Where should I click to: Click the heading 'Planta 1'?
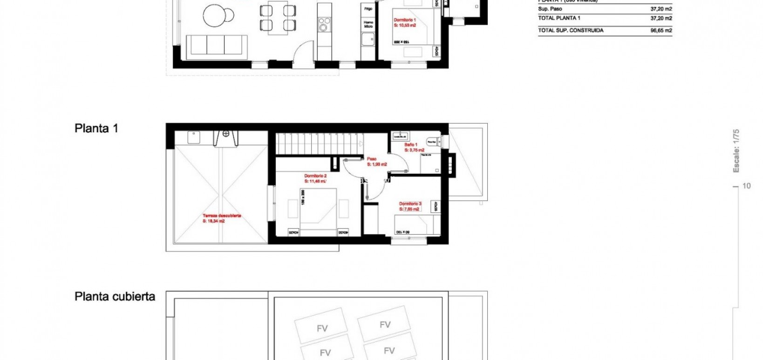click(x=96, y=129)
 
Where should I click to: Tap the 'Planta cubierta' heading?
click(x=115, y=297)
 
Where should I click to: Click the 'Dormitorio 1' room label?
click(x=404, y=20)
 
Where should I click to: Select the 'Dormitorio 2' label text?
click(x=315, y=176)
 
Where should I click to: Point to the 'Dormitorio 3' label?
click(x=410, y=204)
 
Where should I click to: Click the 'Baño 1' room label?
click(x=410, y=145)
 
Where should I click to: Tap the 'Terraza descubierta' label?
click(x=221, y=216)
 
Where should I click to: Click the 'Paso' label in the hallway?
click(x=371, y=159)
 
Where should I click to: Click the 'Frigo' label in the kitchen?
click(x=368, y=9)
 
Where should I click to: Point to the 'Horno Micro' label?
click(x=368, y=24)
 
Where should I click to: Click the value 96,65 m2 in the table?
click(x=661, y=30)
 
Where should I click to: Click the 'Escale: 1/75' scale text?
click(x=736, y=151)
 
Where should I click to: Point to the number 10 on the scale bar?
click(x=746, y=186)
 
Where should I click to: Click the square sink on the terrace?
click(x=194, y=137)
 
